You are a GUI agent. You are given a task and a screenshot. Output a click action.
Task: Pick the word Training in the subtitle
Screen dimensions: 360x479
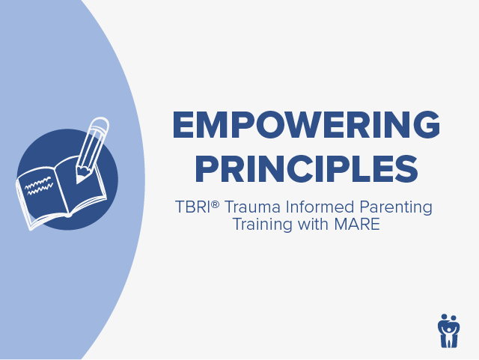click(261, 224)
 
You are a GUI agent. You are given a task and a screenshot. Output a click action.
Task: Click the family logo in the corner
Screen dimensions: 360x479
click(449, 330)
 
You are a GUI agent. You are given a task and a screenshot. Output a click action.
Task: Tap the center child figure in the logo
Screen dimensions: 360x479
click(449, 333)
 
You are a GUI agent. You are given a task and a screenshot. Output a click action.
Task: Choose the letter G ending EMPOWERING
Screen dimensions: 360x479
click(426, 125)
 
